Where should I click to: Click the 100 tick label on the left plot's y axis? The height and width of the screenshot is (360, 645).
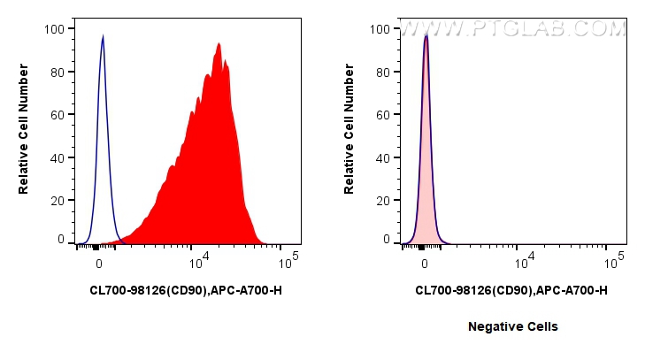pyautogui.click(x=55, y=29)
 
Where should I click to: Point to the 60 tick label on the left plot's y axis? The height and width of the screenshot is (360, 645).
pyautogui.click(x=58, y=115)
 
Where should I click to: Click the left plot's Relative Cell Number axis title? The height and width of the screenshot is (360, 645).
pyautogui.click(x=24, y=134)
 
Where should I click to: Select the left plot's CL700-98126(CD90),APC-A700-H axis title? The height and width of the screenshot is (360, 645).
pyautogui.click(x=186, y=290)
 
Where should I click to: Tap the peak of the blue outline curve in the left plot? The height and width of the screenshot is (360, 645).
pyautogui.click(x=103, y=37)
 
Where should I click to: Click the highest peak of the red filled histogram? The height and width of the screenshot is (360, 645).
pyautogui.click(x=218, y=44)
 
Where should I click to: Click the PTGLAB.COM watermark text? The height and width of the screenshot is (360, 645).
pyautogui.click(x=513, y=29)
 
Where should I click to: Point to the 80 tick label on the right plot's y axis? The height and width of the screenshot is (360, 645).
pyautogui.click(x=383, y=73)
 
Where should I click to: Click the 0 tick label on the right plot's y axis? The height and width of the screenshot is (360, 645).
pyautogui.click(x=387, y=239)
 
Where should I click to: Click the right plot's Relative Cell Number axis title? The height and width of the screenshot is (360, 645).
pyautogui.click(x=349, y=134)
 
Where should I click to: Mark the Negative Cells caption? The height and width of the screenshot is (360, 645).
pyautogui.click(x=513, y=326)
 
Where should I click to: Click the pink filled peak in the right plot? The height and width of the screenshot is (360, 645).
pyautogui.click(x=426, y=133)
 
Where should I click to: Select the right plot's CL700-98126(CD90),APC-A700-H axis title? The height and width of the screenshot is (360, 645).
pyautogui.click(x=511, y=290)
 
